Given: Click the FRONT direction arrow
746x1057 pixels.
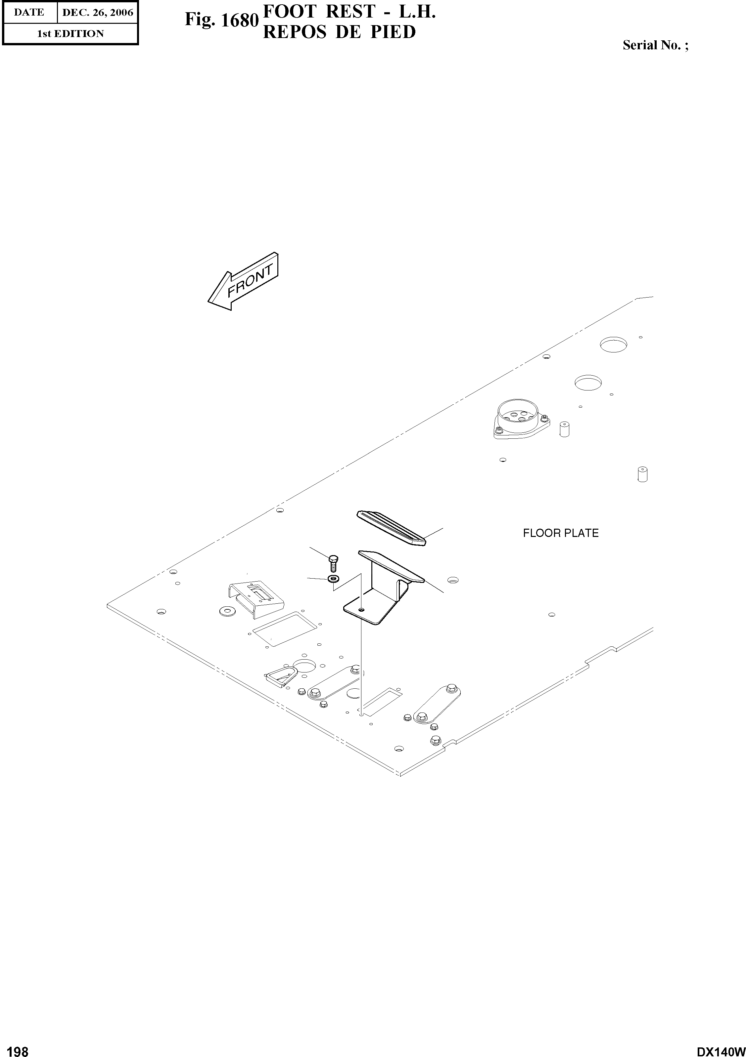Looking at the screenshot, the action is [x=243, y=282].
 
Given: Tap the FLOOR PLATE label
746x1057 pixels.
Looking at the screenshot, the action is [x=560, y=533].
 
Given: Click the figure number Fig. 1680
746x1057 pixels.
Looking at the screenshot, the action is [x=221, y=20].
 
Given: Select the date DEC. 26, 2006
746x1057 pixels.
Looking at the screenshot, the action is [x=97, y=13].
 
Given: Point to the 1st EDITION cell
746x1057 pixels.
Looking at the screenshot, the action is [x=70, y=34].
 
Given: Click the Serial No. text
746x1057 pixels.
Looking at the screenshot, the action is [x=655, y=45].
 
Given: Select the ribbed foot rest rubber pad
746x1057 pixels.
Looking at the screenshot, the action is [x=391, y=527].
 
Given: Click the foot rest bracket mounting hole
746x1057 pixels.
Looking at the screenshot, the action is [x=361, y=610].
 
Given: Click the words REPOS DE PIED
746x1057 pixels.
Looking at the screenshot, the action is [x=339, y=32].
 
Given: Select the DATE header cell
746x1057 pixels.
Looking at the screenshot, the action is [x=29, y=13].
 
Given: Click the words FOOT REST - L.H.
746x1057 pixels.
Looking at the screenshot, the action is [x=349, y=12].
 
